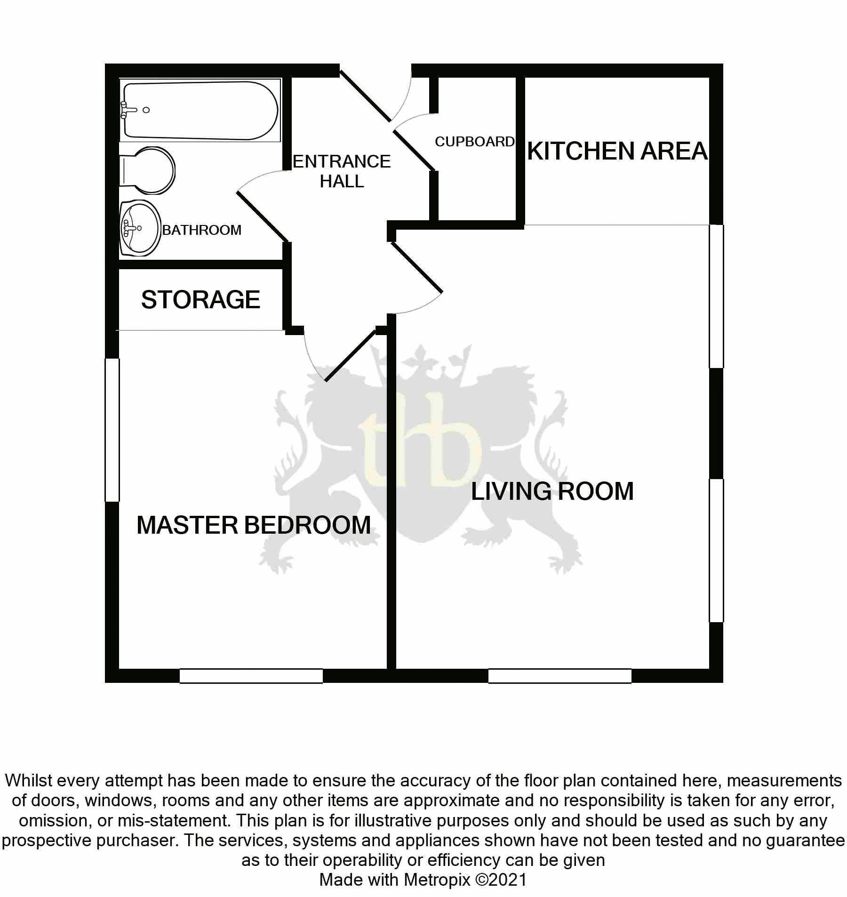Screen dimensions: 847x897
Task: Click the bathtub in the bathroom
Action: (200, 110)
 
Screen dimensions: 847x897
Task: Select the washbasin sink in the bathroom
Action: (140, 228)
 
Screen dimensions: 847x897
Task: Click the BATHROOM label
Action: (201, 230)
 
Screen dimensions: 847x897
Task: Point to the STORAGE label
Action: (200, 300)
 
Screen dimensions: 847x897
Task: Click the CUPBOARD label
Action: (474, 142)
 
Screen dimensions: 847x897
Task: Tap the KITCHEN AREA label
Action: (617, 152)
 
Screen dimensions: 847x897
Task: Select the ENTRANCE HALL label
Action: (342, 171)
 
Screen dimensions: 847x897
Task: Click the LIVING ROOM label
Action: (552, 491)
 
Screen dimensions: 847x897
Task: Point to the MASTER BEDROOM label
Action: (254, 525)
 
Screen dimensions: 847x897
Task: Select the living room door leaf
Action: (416, 267)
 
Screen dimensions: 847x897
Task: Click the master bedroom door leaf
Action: (350, 355)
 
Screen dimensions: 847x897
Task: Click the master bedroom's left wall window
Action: (112, 430)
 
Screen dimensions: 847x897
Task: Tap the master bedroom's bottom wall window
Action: (251, 676)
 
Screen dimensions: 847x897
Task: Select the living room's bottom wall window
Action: (559, 676)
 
